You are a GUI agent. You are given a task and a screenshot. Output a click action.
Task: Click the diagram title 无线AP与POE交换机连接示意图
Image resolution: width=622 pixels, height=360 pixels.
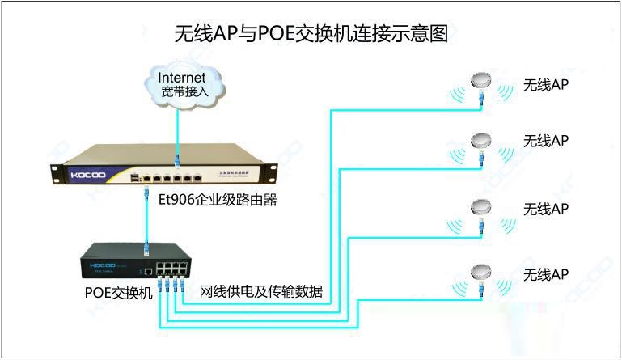point(311,34)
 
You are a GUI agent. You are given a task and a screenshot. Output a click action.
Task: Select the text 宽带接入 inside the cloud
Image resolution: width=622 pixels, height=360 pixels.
point(185,91)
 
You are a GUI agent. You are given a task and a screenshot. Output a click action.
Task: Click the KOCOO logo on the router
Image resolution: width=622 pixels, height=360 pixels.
point(85,173)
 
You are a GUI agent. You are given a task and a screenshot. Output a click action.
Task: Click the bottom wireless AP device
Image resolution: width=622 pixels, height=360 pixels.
point(481,273)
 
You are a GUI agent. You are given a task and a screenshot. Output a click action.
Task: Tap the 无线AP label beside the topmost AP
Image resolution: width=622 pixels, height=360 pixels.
point(546,85)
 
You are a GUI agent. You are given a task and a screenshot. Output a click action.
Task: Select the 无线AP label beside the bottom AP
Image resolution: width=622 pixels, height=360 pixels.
point(546,275)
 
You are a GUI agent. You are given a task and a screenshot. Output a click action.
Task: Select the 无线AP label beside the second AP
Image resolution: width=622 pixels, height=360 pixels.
point(546,141)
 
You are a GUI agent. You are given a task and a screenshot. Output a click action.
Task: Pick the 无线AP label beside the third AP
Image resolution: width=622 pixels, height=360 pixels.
point(546,209)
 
